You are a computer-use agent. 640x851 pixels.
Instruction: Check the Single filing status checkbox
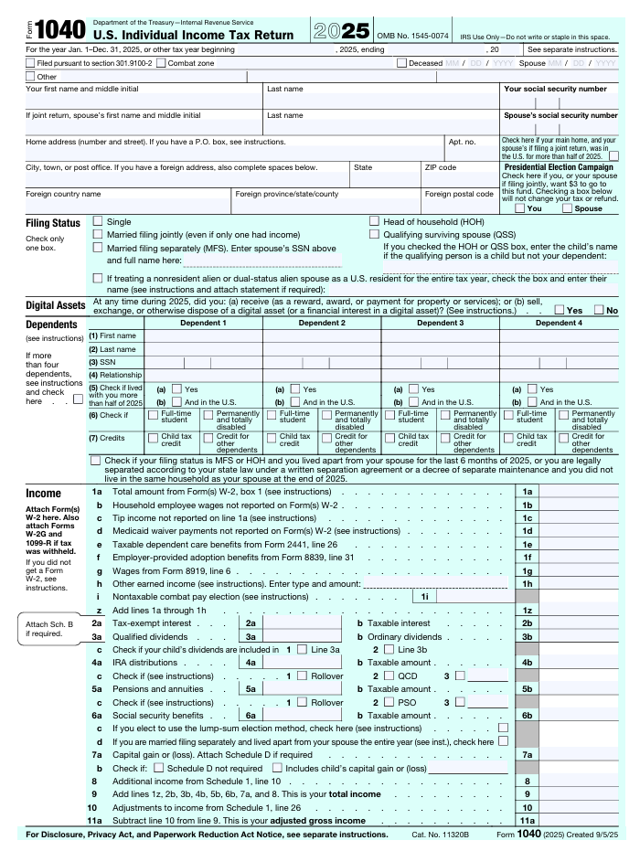pos(99,222)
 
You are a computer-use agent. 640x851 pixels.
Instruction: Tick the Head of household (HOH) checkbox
pos(374,222)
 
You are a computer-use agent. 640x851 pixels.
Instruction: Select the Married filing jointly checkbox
pos(99,235)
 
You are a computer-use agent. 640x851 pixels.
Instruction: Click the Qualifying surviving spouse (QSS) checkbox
pos(374,235)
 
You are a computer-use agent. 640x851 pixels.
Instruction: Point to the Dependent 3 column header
pos(440,323)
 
